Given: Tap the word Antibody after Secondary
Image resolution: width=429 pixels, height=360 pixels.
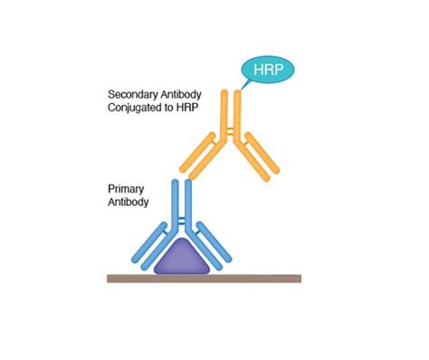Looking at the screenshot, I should pos(186,94).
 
